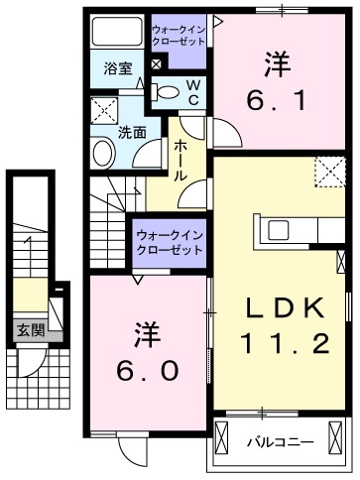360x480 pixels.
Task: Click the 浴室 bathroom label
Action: click(x=119, y=67)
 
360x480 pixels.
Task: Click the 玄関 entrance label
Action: click(x=30, y=330)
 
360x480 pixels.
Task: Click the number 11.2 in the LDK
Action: click(x=283, y=346)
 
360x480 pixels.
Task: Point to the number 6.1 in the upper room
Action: click(x=279, y=99)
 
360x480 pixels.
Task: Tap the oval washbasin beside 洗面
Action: click(x=102, y=154)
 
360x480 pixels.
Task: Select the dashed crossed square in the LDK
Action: click(x=329, y=172)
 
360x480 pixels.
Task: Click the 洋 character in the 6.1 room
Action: click(x=279, y=62)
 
